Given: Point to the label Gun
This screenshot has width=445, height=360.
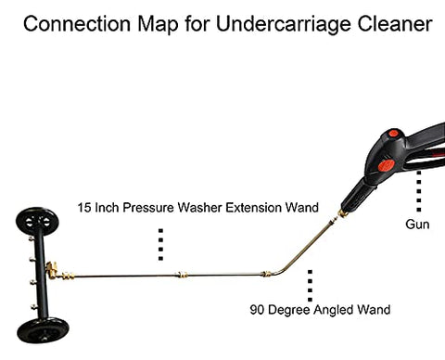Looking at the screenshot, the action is (418, 225).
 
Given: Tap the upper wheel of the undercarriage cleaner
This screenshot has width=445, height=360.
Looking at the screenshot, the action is (36, 224).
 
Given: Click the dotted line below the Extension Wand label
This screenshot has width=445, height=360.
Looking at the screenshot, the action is (160, 243).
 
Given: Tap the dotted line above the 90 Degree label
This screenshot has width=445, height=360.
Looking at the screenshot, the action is (310, 285).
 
